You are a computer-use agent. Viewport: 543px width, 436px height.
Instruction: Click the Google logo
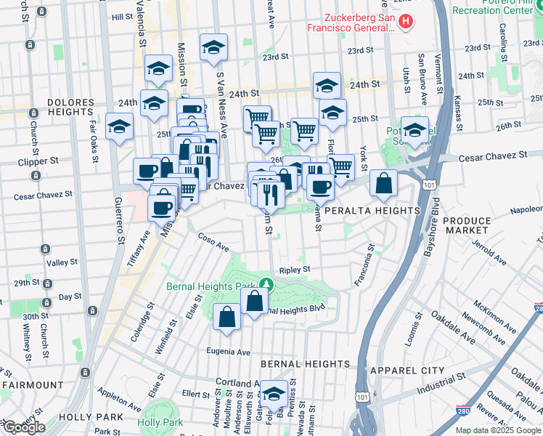(x=23, y=427)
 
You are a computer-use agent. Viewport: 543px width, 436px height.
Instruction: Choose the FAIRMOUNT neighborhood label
(x=32, y=384)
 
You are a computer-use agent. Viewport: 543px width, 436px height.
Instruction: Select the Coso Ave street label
(x=213, y=242)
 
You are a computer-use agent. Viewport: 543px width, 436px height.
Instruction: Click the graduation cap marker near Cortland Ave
(x=274, y=395)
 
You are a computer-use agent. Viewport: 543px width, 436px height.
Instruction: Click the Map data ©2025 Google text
(x=498, y=430)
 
